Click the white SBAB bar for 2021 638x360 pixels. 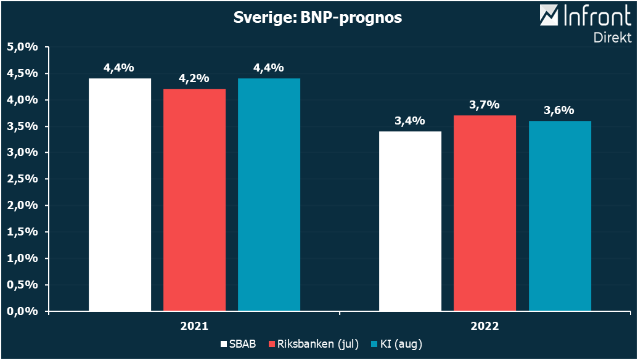click(x=120, y=194)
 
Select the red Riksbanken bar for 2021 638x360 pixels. click(x=194, y=200)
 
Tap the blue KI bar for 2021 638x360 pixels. click(x=269, y=194)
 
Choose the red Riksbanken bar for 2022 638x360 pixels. click(x=485, y=213)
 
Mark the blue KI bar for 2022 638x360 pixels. click(x=560, y=216)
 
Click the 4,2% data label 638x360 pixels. click(x=194, y=79)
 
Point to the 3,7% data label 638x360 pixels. click(x=485, y=105)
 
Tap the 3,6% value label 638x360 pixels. click(x=559, y=111)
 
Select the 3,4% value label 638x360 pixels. click(x=410, y=121)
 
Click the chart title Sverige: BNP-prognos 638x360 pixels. click(x=317, y=18)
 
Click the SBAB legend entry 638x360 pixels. click(x=238, y=343)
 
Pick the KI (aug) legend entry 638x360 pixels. click(x=397, y=343)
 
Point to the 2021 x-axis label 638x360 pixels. click(x=194, y=326)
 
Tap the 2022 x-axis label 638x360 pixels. click(x=485, y=326)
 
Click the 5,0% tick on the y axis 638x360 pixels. click(x=23, y=47)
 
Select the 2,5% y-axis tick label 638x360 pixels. click(x=23, y=179)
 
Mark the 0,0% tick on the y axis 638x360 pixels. click(x=23, y=311)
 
